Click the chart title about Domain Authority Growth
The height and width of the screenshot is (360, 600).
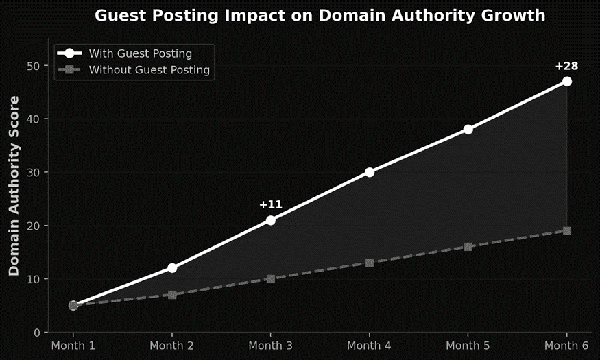(x=320, y=15)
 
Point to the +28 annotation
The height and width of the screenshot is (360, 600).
(x=566, y=66)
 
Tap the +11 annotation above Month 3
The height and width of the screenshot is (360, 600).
(x=270, y=204)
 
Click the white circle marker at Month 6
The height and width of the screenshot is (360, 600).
(x=566, y=82)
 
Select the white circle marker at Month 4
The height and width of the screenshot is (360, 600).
(x=370, y=172)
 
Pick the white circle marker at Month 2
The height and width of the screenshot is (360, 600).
(x=172, y=268)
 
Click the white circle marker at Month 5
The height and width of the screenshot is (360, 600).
(x=468, y=130)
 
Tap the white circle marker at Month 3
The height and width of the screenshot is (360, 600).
(x=271, y=220)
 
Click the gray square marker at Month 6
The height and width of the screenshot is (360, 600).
(x=566, y=231)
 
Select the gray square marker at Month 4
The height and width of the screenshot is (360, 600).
(x=370, y=263)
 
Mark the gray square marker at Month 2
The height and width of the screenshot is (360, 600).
(x=172, y=295)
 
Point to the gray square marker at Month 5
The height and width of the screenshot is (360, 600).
(x=468, y=247)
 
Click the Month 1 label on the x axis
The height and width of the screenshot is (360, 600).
(x=73, y=346)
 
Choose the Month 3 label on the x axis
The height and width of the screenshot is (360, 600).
(x=271, y=346)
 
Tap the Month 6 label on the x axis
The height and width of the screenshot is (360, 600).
(x=566, y=346)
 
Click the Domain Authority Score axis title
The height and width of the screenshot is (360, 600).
(x=14, y=186)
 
